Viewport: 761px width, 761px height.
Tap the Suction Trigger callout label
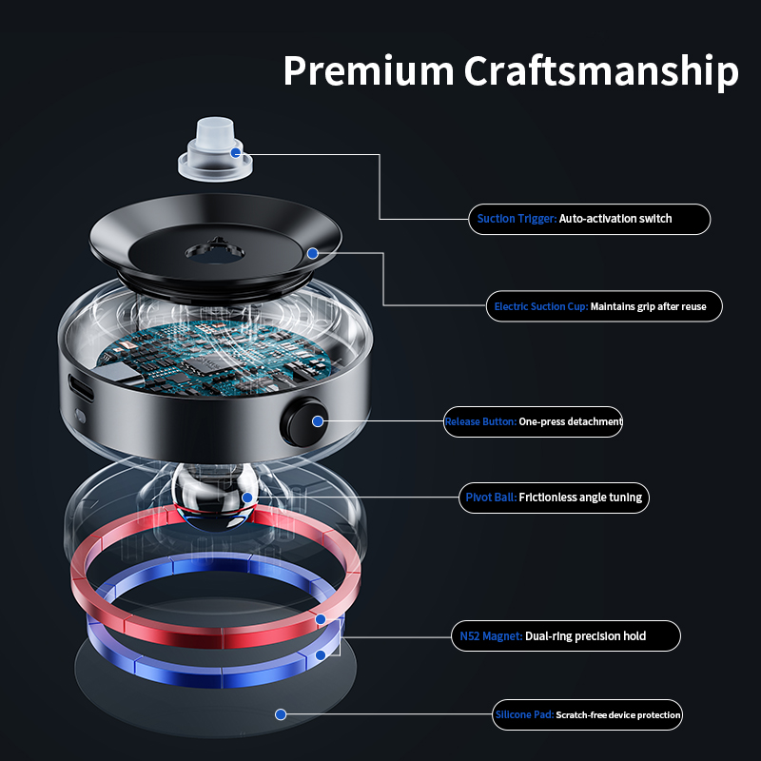coord(589,220)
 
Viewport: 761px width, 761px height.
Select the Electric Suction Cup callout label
coord(604,306)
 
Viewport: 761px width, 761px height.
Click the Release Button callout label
coord(533,421)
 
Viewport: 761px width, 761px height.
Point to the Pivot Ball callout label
coord(554,498)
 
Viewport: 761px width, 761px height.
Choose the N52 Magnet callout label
coord(566,635)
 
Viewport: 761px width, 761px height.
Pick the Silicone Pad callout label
coord(587,715)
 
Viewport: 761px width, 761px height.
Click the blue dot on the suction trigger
coord(235,153)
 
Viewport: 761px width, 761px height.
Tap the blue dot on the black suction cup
coord(313,253)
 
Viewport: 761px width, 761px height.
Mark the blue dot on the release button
coord(318,421)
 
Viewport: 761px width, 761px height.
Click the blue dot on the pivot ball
coord(247,498)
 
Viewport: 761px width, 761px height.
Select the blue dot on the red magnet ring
coord(321,619)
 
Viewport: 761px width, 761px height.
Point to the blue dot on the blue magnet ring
coord(321,655)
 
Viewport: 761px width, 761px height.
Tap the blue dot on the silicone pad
coord(281,714)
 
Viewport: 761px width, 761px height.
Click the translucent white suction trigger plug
coord(215,149)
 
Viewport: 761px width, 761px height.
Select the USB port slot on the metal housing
coord(81,388)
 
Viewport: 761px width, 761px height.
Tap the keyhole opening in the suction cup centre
coord(215,252)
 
